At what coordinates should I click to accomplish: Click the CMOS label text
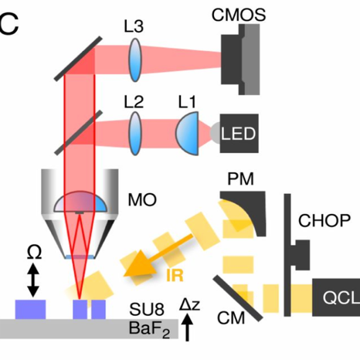(x=239, y=15)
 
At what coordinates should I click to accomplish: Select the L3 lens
(x=135, y=60)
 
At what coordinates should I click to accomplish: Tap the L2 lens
(x=135, y=133)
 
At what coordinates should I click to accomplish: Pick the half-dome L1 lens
(x=187, y=134)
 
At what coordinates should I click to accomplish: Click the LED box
(x=239, y=134)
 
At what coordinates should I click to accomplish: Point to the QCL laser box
(x=336, y=297)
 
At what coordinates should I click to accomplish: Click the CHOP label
(x=324, y=220)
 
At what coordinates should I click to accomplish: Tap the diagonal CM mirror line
(x=238, y=298)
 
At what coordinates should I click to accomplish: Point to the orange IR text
(x=175, y=275)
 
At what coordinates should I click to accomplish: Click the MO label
(x=142, y=200)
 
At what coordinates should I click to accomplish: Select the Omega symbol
(x=34, y=253)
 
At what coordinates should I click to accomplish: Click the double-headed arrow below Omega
(x=33, y=280)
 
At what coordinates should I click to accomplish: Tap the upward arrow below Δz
(x=188, y=328)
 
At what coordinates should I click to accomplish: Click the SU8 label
(x=147, y=309)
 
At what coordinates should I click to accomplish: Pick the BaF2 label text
(x=149, y=329)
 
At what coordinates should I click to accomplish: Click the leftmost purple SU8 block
(x=30, y=309)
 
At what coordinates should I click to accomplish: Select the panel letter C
(x=8, y=24)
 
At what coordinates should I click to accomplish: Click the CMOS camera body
(x=240, y=59)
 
